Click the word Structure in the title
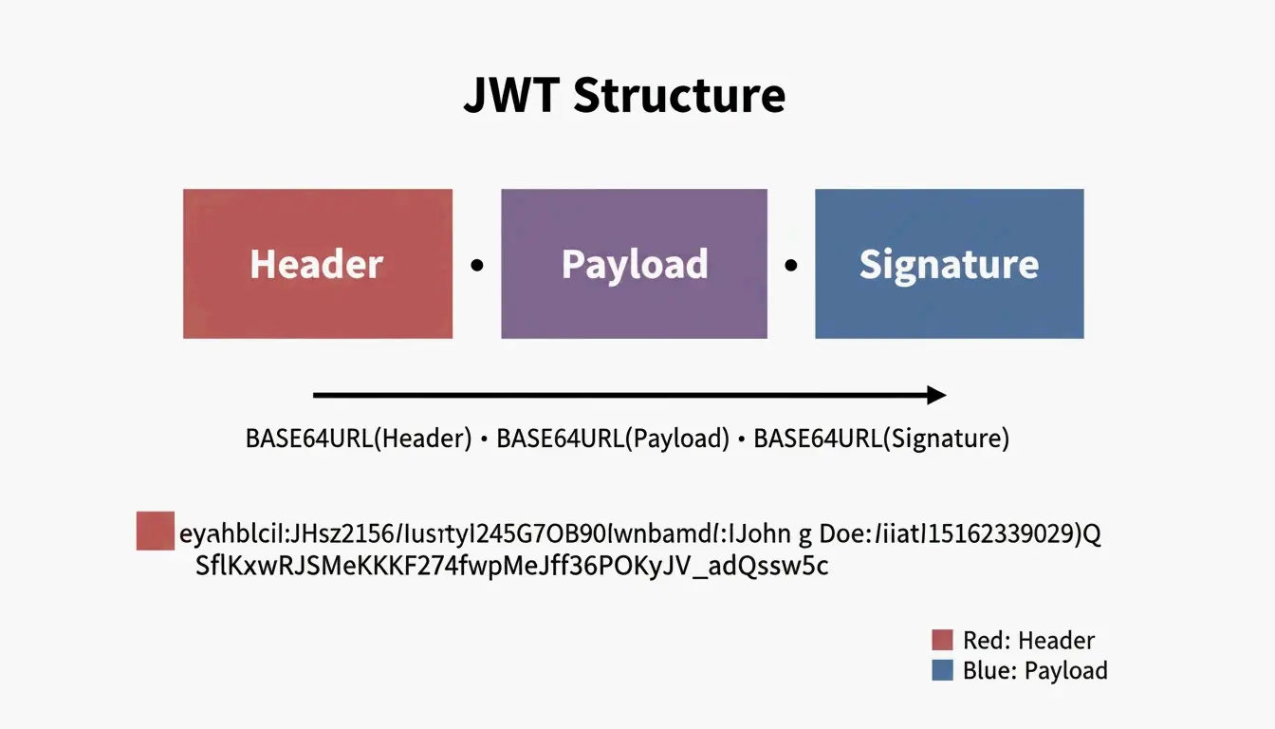[679, 96]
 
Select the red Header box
[317, 264]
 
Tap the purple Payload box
[634, 264]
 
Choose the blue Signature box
[949, 264]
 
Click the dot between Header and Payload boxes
[477, 266]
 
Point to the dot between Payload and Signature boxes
[791, 266]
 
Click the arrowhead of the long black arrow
[936, 395]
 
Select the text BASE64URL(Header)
[359, 439]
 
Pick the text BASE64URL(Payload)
[613, 439]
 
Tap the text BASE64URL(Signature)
[881, 439]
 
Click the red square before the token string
[156, 531]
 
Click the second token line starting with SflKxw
[512, 567]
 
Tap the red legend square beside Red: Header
[942, 640]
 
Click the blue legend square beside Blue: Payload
[942, 670]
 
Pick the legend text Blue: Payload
[1035, 670]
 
